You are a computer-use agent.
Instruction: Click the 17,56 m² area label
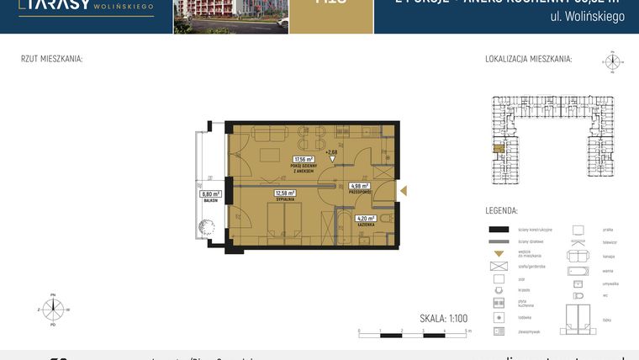coord(303,159)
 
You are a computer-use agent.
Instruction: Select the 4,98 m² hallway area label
coord(359,186)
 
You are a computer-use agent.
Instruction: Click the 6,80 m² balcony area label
coord(210,194)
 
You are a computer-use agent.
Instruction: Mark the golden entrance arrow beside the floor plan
coord(401,191)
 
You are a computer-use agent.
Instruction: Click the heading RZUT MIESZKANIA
coord(51,60)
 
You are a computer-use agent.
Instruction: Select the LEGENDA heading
coord(501,210)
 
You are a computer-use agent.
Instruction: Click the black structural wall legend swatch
coord(499,230)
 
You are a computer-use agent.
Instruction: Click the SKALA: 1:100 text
coord(444,318)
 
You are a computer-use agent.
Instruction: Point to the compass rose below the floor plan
coord(53,310)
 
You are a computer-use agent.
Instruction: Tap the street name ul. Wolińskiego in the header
coord(587,17)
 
